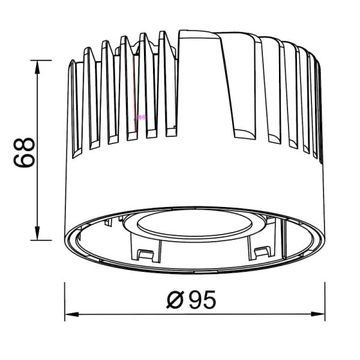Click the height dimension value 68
tap(24, 152)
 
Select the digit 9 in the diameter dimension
tap(195, 298)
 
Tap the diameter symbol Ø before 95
tap(175, 298)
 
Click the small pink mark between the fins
tap(141, 117)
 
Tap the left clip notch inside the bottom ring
tap(145, 253)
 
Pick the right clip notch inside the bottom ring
tap(262, 252)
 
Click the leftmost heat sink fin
tap(74, 108)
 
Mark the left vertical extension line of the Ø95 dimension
tap(65, 300)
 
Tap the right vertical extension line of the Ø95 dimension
tap(325, 300)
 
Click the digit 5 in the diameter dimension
tap(208, 298)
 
